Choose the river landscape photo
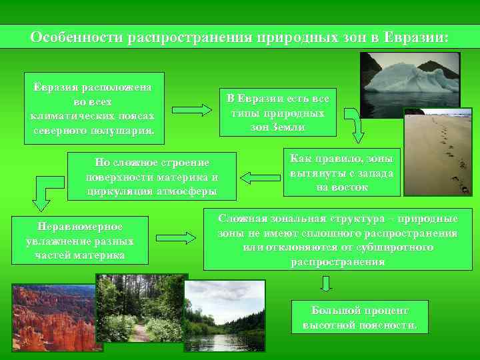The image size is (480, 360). click(224, 315)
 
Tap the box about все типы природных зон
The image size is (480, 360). click(278, 113)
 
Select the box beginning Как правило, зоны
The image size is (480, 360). click(341, 172)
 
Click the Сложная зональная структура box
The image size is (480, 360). click(337, 240)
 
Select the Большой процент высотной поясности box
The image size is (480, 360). click(359, 317)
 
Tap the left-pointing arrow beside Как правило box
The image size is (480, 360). click(260, 177)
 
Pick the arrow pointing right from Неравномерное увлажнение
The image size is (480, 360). click(180, 237)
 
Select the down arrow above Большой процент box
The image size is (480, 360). click(325, 284)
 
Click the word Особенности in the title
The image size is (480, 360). click(73, 37)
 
